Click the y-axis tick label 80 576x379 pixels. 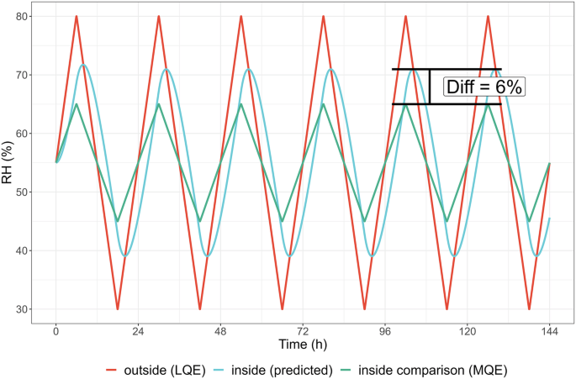(x=31, y=16)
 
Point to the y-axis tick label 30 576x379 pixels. (x=31, y=309)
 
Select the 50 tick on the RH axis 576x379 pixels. (x=31, y=192)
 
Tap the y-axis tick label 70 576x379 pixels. (x=31, y=75)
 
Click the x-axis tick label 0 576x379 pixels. (x=55, y=331)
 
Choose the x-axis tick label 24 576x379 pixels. (x=138, y=331)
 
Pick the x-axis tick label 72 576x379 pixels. (x=303, y=331)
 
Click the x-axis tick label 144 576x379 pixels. (x=550, y=331)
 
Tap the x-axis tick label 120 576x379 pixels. (x=468, y=331)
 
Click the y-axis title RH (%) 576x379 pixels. (x=11, y=163)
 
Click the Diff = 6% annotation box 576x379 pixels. (x=483, y=87)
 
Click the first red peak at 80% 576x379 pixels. (x=77, y=16)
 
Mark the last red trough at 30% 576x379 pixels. (x=529, y=309)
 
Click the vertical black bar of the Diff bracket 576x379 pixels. (x=430, y=87)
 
